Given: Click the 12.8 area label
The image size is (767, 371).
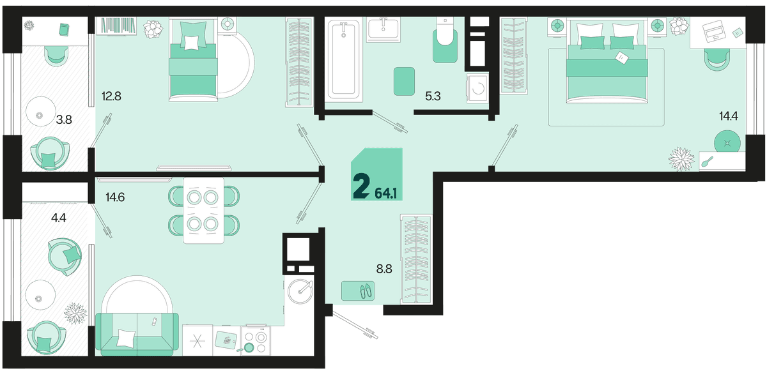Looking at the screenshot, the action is coord(111,96).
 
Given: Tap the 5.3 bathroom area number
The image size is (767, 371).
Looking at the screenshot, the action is coord(433,96).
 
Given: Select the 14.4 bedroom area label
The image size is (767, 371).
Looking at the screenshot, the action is coord(728,116).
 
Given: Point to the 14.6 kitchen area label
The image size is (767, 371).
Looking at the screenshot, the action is coord(115,197).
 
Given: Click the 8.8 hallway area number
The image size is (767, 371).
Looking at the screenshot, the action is coord(384,269).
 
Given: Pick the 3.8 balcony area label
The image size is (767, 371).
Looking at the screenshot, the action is coord(64,119).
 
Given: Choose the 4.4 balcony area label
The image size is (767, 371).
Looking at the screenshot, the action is coord(59,218).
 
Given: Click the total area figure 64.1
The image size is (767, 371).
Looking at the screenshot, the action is coord(386,194).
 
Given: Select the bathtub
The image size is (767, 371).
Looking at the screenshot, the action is coord(343,60).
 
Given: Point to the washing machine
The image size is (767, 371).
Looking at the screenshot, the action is coord(477,87).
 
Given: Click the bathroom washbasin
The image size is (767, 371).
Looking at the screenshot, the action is coord(383,29).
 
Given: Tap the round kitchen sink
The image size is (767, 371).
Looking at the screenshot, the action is coord(300,291).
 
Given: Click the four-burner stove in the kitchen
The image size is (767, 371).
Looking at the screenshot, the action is coord(256,340).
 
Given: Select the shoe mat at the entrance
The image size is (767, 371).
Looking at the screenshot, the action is coord(358,291).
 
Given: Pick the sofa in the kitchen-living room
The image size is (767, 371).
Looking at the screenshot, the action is coord(137,334).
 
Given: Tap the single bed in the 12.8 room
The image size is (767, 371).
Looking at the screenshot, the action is coord(193,60).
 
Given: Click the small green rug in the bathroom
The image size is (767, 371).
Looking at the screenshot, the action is coord(404,81).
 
